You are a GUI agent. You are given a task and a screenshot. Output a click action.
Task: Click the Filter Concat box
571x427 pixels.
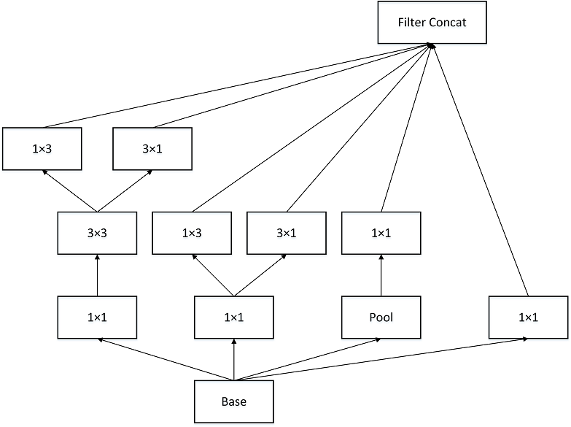pyautogui.click(x=432, y=23)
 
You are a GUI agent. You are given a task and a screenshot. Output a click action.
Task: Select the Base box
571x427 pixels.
pyautogui.click(x=233, y=402)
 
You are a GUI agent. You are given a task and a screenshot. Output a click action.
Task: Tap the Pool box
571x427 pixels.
pyautogui.click(x=381, y=318)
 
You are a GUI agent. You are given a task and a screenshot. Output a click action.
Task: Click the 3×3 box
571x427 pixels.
pyautogui.click(x=97, y=234)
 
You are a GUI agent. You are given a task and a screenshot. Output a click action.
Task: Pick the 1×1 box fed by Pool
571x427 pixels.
pyautogui.click(x=381, y=234)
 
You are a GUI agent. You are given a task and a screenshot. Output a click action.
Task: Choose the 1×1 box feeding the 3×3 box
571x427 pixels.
pyautogui.click(x=97, y=318)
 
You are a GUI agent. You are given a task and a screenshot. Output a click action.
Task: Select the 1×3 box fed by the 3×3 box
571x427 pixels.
pyautogui.click(x=42, y=149)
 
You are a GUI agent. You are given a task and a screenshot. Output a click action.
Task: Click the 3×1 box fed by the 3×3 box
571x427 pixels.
pyautogui.click(x=152, y=149)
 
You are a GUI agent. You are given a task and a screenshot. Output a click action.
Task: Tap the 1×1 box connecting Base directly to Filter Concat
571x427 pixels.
pyautogui.click(x=528, y=318)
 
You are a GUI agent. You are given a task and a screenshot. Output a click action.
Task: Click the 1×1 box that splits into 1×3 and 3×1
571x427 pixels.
pyautogui.click(x=233, y=318)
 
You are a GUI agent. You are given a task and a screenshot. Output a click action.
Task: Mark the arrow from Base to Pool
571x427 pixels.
pyautogui.click(x=306, y=360)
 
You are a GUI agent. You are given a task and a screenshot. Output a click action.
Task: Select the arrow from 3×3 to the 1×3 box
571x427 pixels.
pyautogui.click(x=70, y=191)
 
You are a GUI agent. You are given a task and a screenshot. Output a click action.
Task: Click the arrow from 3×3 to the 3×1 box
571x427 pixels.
pyautogui.click(x=125, y=191)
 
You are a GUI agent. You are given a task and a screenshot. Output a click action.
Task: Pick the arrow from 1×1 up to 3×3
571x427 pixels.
pyautogui.click(x=97, y=275)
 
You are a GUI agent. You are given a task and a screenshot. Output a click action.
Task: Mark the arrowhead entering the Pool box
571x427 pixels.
pyautogui.click(x=377, y=339)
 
